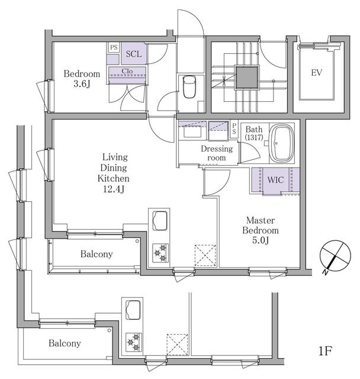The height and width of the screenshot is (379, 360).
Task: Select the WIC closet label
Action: (x=274, y=179)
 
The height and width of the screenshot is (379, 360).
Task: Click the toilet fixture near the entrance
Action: (x=190, y=88)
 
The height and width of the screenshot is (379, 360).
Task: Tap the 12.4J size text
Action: (x=115, y=189)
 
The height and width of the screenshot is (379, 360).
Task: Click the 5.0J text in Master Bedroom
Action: (x=258, y=240)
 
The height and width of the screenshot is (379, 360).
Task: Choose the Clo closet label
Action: (x=127, y=72)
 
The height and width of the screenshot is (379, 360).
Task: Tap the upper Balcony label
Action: (x=97, y=255)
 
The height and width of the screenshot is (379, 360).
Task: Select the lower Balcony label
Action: (x=65, y=343)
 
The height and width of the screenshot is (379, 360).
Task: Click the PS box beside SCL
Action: (x=113, y=46)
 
